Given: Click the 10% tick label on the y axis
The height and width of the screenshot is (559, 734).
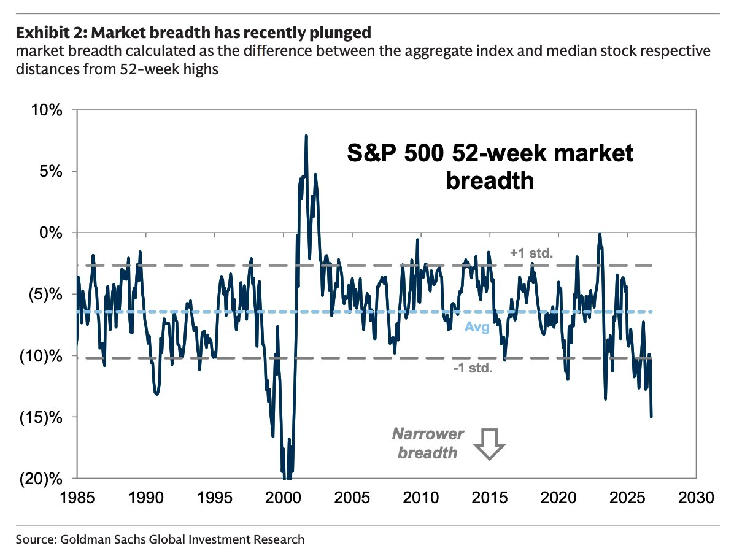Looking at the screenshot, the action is (47, 110).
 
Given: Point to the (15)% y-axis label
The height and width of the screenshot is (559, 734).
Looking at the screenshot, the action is (41, 417).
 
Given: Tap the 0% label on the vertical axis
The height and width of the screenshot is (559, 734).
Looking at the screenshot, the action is (50, 233).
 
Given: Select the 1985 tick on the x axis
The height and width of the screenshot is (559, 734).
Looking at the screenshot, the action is (77, 497).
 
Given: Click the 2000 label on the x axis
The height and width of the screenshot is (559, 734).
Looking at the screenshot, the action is (283, 497).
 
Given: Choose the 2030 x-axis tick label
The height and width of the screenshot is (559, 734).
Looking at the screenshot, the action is (696, 497).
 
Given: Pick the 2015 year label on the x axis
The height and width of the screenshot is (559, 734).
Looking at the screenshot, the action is (490, 497).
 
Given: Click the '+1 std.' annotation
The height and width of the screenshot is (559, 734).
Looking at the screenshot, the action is (531, 253).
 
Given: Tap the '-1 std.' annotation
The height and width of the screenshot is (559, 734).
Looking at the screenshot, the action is (473, 368).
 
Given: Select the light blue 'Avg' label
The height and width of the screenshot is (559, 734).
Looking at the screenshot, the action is (476, 327).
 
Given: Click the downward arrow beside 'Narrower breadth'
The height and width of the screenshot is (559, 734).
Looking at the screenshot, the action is (489, 444).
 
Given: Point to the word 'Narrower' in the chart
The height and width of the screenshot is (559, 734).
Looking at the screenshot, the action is (428, 434).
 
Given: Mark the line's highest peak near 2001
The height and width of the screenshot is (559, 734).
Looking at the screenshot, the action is (306, 136).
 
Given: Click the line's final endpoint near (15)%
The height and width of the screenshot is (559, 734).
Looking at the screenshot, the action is (651, 416).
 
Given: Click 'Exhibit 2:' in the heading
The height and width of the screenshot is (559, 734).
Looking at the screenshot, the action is (52, 33).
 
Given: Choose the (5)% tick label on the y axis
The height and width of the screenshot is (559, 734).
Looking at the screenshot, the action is (45, 295).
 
